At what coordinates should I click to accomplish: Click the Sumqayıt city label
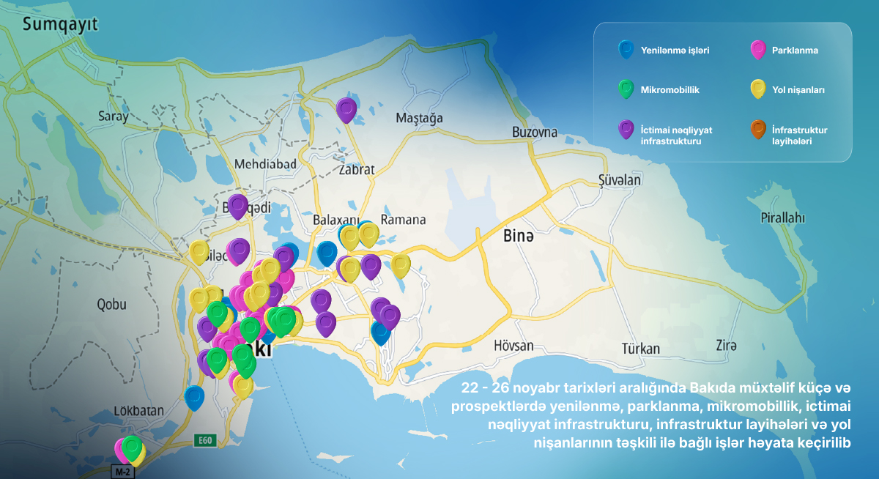click(60, 25)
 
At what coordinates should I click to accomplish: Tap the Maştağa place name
click(419, 118)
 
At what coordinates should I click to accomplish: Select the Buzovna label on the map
click(534, 133)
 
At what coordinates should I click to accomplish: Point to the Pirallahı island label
click(782, 218)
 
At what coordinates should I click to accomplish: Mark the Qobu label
click(111, 305)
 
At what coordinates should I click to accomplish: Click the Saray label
click(113, 116)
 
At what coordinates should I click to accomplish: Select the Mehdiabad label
click(264, 163)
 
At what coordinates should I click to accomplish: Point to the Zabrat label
click(357, 170)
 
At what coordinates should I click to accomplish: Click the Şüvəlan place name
click(620, 180)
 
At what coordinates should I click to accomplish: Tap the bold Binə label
click(519, 237)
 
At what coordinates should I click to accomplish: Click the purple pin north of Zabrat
click(346, 109)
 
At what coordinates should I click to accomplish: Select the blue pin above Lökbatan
click(194, 396)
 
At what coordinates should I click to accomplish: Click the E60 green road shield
click(204, 440)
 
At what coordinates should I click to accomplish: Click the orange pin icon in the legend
click(757, 130)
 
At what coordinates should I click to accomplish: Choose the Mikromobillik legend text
click(670, 90)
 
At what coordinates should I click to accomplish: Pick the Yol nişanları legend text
click(798, 90)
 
